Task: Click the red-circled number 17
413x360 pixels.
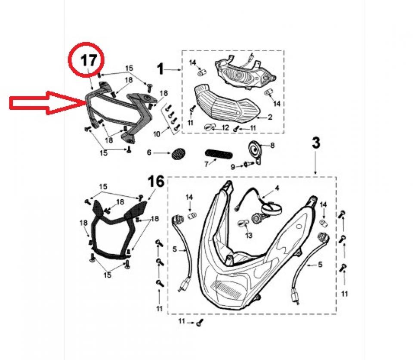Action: (88, 60)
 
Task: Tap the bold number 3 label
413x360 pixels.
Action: (316, 143)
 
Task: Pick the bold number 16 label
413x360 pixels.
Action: (156, 181)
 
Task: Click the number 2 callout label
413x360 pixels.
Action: (270, 117)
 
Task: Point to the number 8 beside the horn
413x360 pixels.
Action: (272, 145)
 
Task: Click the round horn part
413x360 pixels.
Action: (254, 152)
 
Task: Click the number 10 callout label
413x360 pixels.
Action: (157, 134)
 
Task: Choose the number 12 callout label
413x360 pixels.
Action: (225, 128)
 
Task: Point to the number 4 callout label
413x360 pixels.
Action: (277, 188)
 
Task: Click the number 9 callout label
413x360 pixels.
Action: (233, 167)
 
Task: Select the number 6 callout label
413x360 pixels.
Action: (149, 152)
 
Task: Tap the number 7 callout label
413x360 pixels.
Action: (206, 164)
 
